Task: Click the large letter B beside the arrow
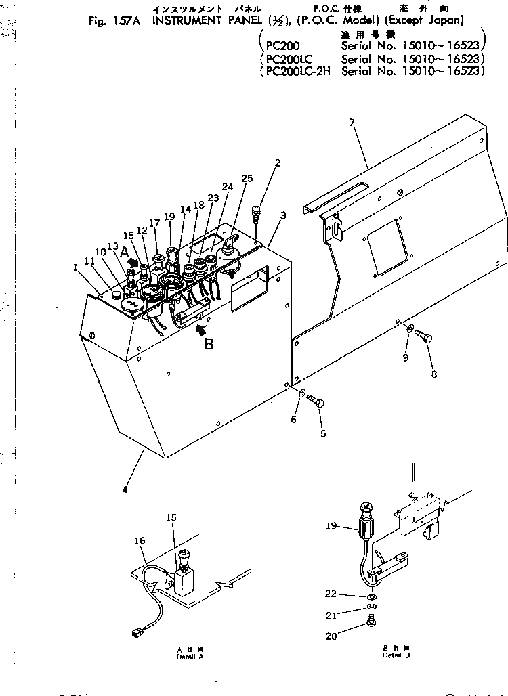209,343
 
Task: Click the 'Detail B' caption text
396,655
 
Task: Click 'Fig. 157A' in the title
114,20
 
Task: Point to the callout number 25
247,178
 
